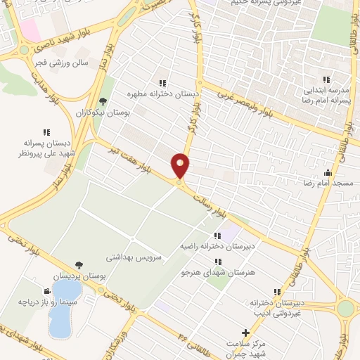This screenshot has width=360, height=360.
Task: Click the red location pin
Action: click(181, 166)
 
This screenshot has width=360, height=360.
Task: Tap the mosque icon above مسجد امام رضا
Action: click(327, 172)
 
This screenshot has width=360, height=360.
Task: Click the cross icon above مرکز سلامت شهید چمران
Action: click(245, 332)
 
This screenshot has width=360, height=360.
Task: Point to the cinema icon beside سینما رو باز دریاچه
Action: click(46, 291)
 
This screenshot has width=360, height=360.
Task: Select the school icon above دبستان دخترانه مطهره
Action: click(163, 82)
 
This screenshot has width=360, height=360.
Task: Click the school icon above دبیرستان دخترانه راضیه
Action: click(217, 236)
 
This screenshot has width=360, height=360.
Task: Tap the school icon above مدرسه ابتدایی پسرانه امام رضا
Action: click(326, 79)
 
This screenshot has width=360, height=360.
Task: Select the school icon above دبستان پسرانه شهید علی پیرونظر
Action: click(47, 131)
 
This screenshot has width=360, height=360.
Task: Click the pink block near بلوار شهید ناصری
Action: click(30, 29)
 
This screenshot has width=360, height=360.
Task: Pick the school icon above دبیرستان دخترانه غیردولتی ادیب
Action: click(278, 292)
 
